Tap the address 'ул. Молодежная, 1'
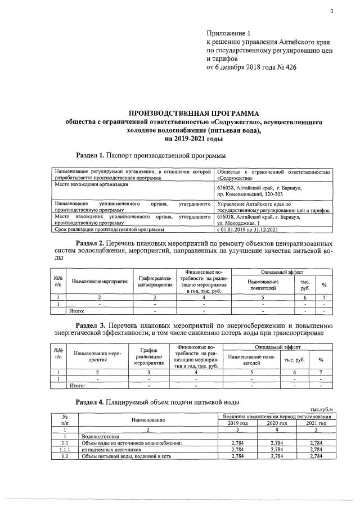[238, 223]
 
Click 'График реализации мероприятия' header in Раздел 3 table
[148, 356]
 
